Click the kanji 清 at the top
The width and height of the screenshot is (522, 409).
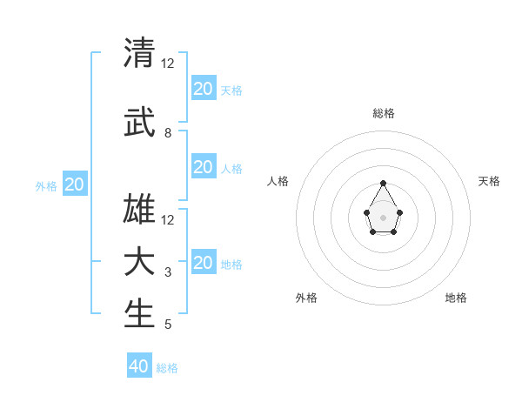[139, 53]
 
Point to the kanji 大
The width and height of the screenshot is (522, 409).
[139, 262]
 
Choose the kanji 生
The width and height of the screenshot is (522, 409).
[139, 314]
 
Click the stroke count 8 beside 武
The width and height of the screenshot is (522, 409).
[168, 133]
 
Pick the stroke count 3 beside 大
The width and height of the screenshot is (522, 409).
[168, 272]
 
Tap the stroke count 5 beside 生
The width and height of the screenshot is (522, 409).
[168, 325]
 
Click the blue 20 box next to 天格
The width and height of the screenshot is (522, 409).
[203, 89]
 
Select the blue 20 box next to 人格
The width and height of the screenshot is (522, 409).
[203, 167]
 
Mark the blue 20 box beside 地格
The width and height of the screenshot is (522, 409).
[203, 263]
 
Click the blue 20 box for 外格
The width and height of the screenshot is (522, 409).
[75, 184]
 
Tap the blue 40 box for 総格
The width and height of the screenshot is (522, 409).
[139, 366]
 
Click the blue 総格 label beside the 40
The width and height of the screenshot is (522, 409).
[167, 368]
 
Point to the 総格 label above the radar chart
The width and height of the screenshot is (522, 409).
[383, 113]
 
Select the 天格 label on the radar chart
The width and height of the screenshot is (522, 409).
[489, 181]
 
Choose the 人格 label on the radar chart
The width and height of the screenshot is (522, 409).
[278, 181]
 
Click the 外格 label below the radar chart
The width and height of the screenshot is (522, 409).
[306, 298]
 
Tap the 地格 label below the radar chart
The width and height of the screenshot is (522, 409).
[456, 298]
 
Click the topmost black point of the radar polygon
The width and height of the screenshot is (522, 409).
[383, 183]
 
